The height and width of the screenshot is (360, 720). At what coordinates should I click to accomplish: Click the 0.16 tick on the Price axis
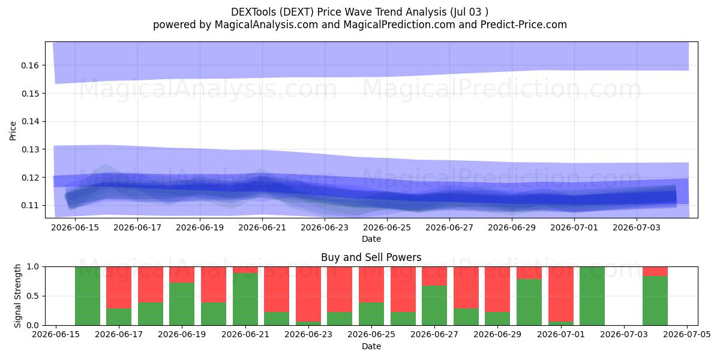(29, 65)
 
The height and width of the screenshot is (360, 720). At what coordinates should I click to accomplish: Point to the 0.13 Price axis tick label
(29, 150)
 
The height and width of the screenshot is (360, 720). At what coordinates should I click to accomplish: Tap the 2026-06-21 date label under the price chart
(262, 227)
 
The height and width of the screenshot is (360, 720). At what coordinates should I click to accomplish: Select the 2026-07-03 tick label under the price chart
(637, 227)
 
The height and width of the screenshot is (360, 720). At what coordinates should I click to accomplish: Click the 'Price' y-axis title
(13, 131)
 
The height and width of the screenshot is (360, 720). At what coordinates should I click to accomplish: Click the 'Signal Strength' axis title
(17, 296)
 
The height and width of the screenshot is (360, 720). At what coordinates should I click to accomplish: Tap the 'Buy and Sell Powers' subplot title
(371, 257)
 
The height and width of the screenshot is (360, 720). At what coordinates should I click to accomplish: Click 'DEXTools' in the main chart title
(253, 12)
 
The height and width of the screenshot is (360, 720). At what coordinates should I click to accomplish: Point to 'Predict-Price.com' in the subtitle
(524, 25)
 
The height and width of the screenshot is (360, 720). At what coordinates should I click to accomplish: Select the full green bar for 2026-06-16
(88, 296)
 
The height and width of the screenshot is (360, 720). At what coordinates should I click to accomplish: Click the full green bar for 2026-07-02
(592, 296)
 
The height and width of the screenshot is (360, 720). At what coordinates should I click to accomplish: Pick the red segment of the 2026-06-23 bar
(308, 294)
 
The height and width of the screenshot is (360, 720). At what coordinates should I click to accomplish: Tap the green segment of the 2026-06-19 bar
(182, 304)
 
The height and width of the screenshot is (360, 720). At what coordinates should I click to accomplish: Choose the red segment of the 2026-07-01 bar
(561, 294)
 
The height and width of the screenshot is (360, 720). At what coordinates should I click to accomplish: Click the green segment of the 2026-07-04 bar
(655, 301)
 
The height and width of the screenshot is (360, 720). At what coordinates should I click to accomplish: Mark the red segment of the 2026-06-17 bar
(119, 287)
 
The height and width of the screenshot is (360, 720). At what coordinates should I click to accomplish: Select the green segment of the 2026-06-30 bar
(529, 302)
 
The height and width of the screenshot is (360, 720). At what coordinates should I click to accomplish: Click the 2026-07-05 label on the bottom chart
(687, 334)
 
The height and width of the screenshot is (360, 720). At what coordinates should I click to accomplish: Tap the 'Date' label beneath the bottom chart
(371, 347)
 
